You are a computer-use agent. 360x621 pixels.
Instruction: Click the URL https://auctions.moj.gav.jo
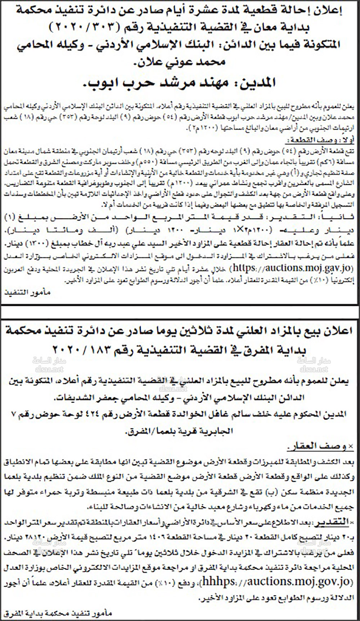pos(292,268)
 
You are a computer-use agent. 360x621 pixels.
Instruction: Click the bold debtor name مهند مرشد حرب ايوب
pos(180,83)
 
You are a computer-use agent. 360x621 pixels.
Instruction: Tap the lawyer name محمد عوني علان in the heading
pos(180,62)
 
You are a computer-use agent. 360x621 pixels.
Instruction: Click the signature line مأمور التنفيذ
pos(27,293)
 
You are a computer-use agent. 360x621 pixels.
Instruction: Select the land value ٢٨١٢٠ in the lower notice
pos(29,538)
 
